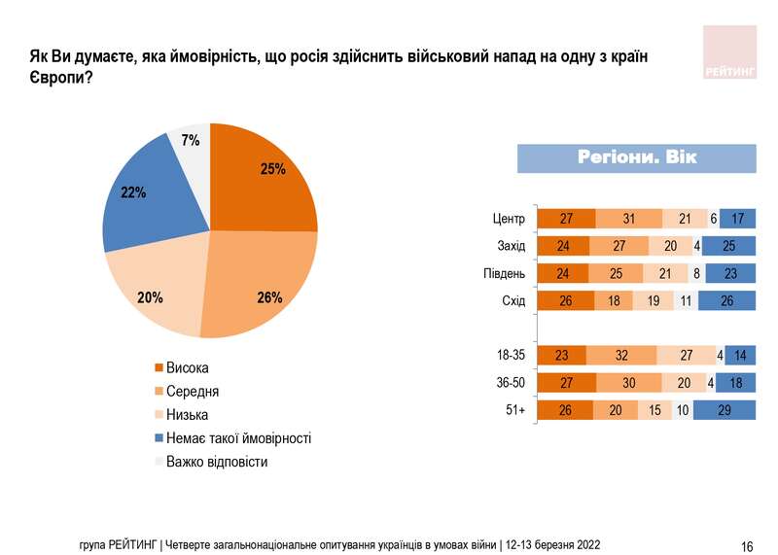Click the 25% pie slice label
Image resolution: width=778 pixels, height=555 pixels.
pyautogui.click(x=272, y=169)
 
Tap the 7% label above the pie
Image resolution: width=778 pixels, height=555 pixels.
pyautogui.click(x=191, y=141)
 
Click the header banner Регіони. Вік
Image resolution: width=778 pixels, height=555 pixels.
pyautogui.click(x=636, y=157)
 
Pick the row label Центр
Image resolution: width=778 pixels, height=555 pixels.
pyautogui.click(x=509, y=219)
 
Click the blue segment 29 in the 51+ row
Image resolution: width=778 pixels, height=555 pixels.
pyautogui.click(x=724, y=411)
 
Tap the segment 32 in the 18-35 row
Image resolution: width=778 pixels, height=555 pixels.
pyautogui.click(x=620, y=356)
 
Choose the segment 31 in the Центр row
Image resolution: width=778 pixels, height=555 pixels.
pyautogui.click(x=628, y=219)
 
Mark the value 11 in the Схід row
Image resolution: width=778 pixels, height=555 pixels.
pyautogui.click(x=686, y=301)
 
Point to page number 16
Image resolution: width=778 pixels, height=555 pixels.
pyautogui.click(x=747, y=544)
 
